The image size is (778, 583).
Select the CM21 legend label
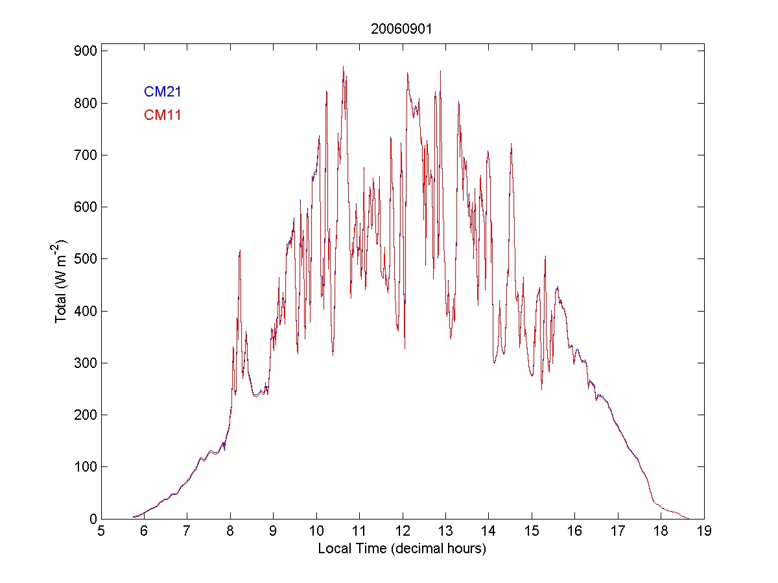[162, 92]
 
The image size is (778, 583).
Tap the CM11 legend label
[162, 115]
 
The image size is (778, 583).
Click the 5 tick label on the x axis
[101, 532]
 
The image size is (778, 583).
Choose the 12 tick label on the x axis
[402, 532]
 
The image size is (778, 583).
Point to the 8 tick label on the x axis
[230, 532]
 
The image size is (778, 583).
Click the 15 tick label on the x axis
[532, 532]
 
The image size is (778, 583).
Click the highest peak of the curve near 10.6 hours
[343, 67]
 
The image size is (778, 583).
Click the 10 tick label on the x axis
[316, 532]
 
